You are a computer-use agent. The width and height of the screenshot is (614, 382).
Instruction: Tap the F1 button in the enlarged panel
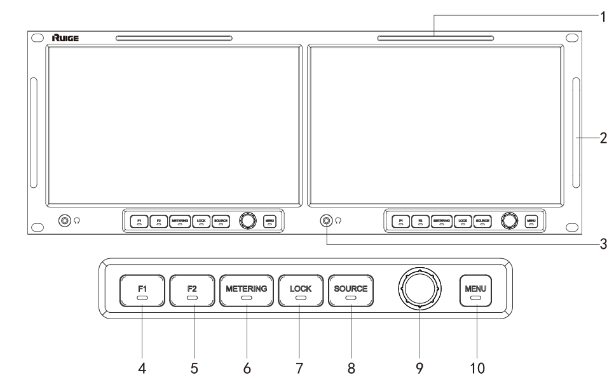[x=142, y=291]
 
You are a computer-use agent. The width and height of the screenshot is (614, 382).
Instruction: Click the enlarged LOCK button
[x=301, y=291]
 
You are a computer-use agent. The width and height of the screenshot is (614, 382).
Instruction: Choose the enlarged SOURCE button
[x=350, y=291]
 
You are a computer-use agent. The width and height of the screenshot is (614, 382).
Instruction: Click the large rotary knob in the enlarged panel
[x=419, y=289]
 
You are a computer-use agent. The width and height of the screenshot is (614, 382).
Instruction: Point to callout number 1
[x=602, y=17]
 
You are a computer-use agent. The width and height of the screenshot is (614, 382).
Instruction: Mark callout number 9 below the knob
[x=420, y=367]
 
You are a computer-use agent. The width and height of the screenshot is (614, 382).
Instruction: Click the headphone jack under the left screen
[x=64, y=221]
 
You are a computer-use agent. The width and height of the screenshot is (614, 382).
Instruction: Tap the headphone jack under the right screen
[x=326, y=221]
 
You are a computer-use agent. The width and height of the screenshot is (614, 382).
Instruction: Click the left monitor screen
[x=173, y=124]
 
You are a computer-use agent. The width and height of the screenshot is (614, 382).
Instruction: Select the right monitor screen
[x=434, y=124]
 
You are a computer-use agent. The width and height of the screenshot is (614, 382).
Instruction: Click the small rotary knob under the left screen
[x=247, y=220]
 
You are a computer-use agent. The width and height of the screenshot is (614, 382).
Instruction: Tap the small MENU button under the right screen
[x=531, y=221]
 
